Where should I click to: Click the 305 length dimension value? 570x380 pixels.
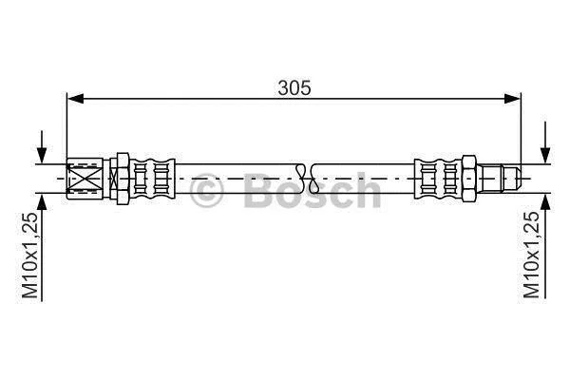[294, 87]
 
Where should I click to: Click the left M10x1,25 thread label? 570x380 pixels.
[29, 256]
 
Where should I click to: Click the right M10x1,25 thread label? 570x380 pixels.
[531, 256]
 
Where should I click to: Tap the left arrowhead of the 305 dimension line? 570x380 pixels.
[76, 98]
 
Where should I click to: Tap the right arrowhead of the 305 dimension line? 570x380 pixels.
[513, 98]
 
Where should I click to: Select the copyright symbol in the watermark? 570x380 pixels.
[206, 191]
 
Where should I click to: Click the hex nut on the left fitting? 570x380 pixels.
[123, 179]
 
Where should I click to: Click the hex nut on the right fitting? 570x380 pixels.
[469, 179]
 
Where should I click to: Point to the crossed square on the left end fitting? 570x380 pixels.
[85, 179]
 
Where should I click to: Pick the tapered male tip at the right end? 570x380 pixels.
[513, 179]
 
